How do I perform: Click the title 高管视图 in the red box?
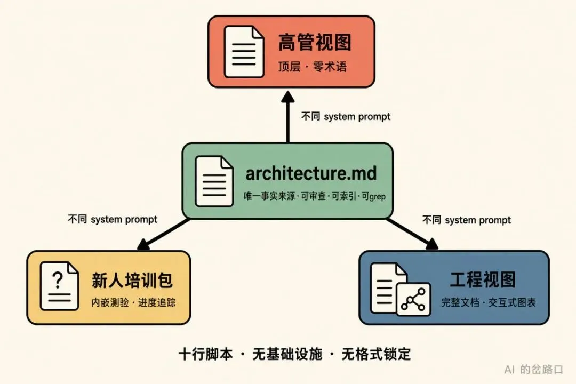(x=315, y=42)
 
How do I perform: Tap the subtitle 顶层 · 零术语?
(x=312, y=67)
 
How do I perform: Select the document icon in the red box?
(x=244, y=51)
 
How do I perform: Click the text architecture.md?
(x=311, y=173)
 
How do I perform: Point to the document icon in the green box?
(x=214, y=181)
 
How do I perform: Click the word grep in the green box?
(x=377, y=197)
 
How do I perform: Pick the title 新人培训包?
(x=132, y=281)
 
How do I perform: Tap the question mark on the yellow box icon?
(x=58, y=280)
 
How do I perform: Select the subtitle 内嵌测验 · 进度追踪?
(x=133, y=302)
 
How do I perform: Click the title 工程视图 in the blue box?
(x=483, y=279)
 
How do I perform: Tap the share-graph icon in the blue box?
(x=414, y=300)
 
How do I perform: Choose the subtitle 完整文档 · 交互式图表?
(x=488, y=302)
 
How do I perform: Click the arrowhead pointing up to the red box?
(x=287, y=97)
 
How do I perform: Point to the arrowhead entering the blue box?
(x=432, y=244)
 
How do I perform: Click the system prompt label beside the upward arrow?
(x=346, y=116)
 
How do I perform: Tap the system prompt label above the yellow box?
(x=113, y=219)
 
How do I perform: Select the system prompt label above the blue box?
(x=467, y=220)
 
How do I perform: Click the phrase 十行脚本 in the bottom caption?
(x=206, y=354)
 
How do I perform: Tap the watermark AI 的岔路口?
(x=534, y=369)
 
